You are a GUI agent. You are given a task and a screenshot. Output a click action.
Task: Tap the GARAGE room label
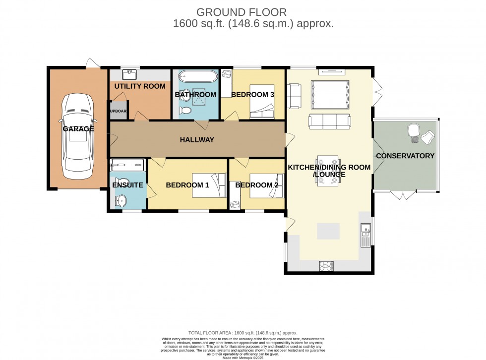78,129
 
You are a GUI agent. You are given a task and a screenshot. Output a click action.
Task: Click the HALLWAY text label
197,140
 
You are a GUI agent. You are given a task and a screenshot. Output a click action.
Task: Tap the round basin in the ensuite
120,200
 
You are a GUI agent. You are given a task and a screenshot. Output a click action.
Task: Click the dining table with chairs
327,171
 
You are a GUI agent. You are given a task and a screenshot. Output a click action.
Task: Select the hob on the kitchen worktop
327,266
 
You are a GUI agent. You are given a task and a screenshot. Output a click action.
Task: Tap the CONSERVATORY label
405,156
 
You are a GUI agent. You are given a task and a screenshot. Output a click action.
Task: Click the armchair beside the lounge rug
295,96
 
